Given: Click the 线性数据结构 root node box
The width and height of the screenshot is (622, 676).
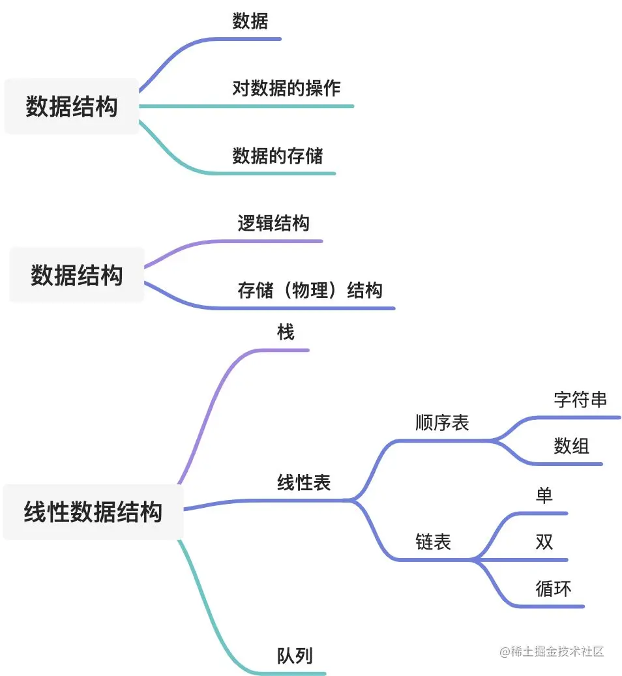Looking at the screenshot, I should tap(93, 512).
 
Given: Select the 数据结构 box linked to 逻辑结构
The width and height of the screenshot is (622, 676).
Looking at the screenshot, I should tap(76, 275).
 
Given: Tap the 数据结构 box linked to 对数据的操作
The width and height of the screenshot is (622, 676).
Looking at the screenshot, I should tap(72, 106).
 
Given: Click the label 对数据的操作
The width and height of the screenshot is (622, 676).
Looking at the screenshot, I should tap(286, 88).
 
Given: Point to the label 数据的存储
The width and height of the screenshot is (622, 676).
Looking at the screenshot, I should tap(278, 156).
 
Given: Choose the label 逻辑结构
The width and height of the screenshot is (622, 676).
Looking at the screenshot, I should tap(273, 224).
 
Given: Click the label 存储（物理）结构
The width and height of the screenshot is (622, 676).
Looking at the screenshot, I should tap(310, 291).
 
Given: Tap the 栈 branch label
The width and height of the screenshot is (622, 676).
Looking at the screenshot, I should tap(286, 332).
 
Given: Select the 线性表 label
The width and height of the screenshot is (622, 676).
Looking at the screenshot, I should tap(304, 482).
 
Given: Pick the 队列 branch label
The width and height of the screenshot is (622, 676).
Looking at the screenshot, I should tap(295, 656).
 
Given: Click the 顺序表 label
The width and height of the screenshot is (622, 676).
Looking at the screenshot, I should tap(442, 422).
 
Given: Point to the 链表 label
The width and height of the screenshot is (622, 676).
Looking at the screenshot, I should tap(433, 542).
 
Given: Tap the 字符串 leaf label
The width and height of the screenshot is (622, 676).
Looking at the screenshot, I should tap(580, 399).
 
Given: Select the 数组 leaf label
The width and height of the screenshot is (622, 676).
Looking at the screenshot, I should tap(571, 446).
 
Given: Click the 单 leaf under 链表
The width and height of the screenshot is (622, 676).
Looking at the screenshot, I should tap(544, 495).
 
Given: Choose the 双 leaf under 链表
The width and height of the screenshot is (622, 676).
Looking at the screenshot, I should tap(544, 542).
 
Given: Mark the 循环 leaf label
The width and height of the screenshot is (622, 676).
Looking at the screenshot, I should tap(553, 589).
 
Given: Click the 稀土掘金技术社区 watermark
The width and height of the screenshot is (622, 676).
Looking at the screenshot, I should tap(552, 651).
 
